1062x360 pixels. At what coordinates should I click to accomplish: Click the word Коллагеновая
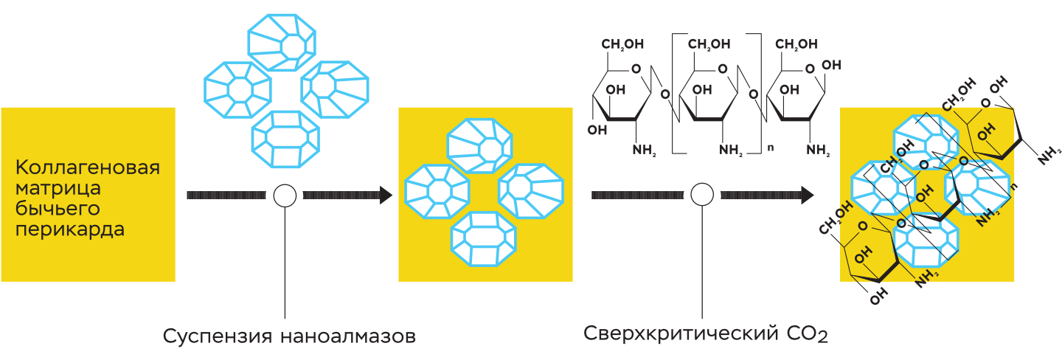pos(87,167)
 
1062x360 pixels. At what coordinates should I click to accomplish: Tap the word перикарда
pos(70,229)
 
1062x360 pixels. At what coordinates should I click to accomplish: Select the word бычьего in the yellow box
pos(58,209)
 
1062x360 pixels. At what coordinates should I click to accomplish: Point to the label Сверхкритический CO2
pos(706,334)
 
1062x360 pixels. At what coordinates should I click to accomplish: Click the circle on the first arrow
pos(285,195)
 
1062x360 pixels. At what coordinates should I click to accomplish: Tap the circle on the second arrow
pos(701,195)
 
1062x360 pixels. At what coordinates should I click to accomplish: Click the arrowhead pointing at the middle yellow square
pos(385,195)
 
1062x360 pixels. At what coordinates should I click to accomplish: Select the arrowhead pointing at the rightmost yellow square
pos(807,195)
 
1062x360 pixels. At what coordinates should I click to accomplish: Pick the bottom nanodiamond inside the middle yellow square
pos(483,240)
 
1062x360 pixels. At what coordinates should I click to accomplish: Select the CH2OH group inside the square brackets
pos(710,46)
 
